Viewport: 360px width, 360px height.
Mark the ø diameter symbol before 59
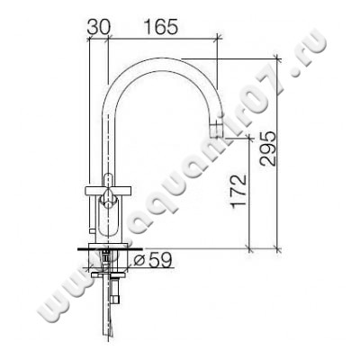tap(139, 262)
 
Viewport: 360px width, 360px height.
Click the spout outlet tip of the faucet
tap(216, 134)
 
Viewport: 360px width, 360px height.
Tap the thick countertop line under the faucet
tap(108, 246)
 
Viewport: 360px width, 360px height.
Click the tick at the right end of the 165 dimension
tap(217, 39)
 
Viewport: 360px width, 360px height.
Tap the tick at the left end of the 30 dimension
tap(88, 39)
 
